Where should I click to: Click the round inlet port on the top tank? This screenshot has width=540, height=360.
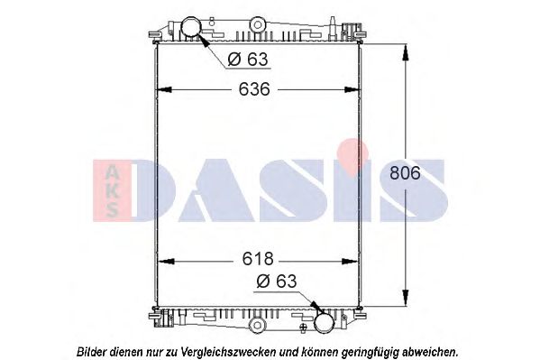point(194,28)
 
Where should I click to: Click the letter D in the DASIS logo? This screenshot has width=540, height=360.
point(163,189)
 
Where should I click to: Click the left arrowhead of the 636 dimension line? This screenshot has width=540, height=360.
point(163,89)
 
